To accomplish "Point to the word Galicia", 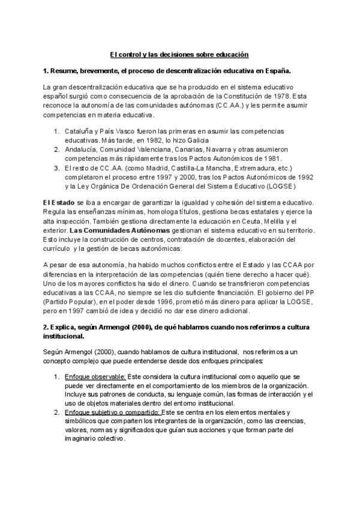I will [x=182, y=139].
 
